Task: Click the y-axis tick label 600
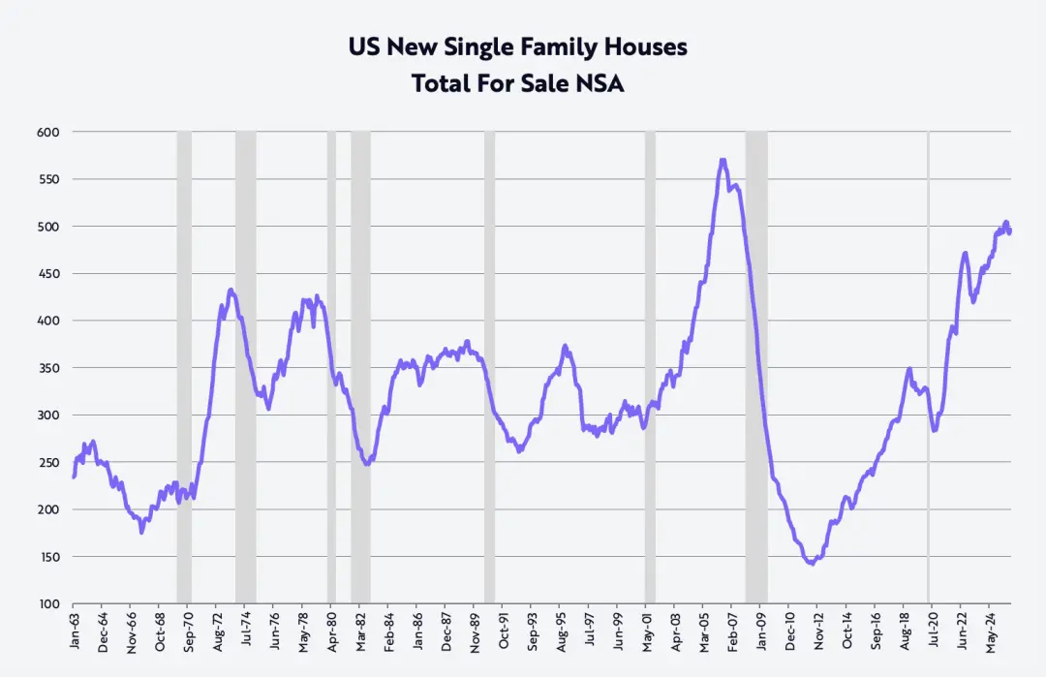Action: pos(47,132)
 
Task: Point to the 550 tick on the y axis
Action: pos(47,179)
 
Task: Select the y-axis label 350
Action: pos(47,368)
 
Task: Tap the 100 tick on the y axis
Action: pos(47,604)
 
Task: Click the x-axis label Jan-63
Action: pos(75,630)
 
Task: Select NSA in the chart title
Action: pos(601,84)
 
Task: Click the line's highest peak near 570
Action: pos(723,161)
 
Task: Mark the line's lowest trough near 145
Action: pos(811,563)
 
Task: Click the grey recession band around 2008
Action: pos(756,368)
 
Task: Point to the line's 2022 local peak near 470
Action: pos(965,254)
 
